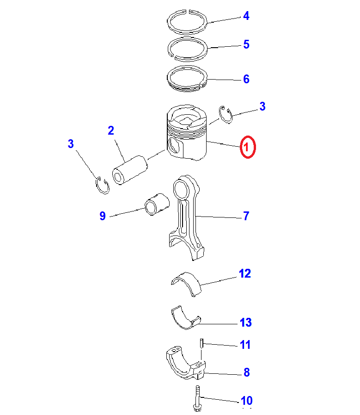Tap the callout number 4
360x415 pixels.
246,16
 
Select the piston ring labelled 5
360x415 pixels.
188,49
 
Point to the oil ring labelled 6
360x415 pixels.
187,79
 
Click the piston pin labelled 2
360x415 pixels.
130,170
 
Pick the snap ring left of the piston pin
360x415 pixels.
102,185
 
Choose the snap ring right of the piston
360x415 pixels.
226,115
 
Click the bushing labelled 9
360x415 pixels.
157,204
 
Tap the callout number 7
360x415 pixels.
246,216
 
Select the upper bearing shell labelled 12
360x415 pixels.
186,284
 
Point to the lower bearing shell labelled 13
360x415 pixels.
186,317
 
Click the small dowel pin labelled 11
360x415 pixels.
201,344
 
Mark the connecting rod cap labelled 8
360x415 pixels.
186,363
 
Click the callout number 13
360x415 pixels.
245,322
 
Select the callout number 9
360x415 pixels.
103,216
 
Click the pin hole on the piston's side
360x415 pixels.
174,146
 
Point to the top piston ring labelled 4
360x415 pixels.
187,22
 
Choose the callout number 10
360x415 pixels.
247,401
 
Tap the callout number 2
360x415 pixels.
111,130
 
